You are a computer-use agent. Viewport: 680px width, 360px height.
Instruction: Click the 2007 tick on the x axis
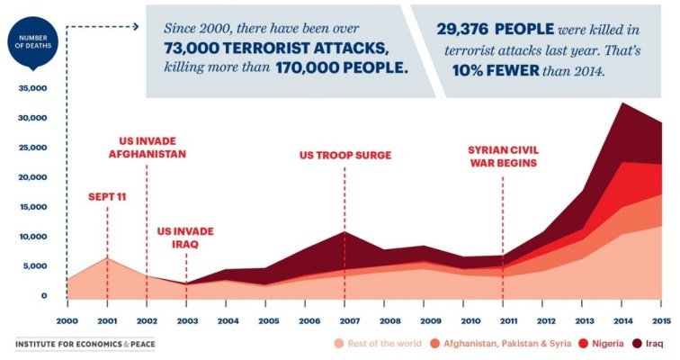[x=344, y=320]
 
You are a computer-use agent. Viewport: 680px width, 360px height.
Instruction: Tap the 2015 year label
[x=661, y=320]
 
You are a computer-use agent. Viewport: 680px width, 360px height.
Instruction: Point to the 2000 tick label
[x=67, y=320]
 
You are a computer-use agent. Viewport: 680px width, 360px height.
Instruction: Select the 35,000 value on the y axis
[x=31, y=89]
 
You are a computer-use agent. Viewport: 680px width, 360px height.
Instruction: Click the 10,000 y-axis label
[x=31, y=237]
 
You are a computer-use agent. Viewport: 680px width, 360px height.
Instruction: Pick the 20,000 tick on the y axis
[x=31, y=177]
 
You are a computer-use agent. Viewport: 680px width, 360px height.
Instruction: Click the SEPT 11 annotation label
[x=107, y=196]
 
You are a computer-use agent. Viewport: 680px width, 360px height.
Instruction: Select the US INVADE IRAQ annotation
[x=185, y=237]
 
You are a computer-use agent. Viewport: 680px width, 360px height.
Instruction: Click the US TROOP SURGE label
[x=345, y=155]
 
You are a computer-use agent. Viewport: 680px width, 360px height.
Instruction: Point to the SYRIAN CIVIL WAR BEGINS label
[x=502, y=156]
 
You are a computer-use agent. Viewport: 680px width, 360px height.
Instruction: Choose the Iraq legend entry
[x=648, y=344]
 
